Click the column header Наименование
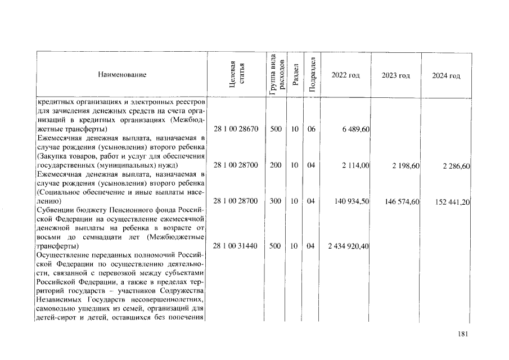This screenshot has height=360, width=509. pos(122,75)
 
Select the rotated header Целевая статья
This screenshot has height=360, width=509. pos(236,75)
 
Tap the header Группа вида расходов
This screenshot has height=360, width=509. pos(276,75)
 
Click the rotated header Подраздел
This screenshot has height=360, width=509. pos(312,75)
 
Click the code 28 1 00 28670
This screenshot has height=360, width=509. pos(236,129)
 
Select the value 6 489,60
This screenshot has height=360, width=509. pos(355,129)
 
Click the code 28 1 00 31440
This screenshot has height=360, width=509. pos(236,246)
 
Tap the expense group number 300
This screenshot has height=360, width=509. pos(276,201)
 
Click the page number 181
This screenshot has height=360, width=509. pos(463,334)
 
